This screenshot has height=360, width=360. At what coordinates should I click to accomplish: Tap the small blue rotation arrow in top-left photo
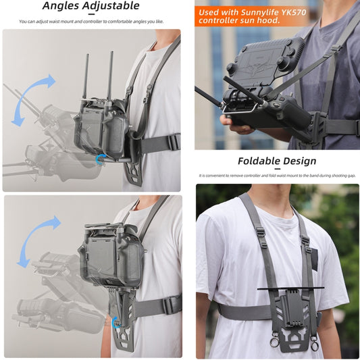101,159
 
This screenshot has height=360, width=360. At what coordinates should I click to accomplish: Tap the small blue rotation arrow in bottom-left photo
115,322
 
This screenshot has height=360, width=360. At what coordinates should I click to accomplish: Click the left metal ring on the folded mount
274,342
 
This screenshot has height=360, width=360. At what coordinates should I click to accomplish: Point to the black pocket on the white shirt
313,259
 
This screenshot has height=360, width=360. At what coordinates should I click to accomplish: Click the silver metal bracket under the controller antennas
240,108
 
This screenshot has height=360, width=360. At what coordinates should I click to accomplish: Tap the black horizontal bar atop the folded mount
290,288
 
